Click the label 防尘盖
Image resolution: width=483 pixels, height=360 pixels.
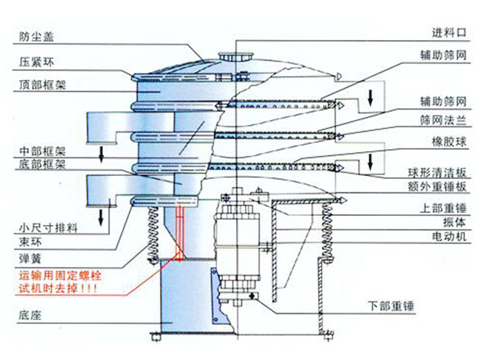click(x=37, y=36)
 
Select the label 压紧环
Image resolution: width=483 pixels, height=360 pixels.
click(x=37, y=61)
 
